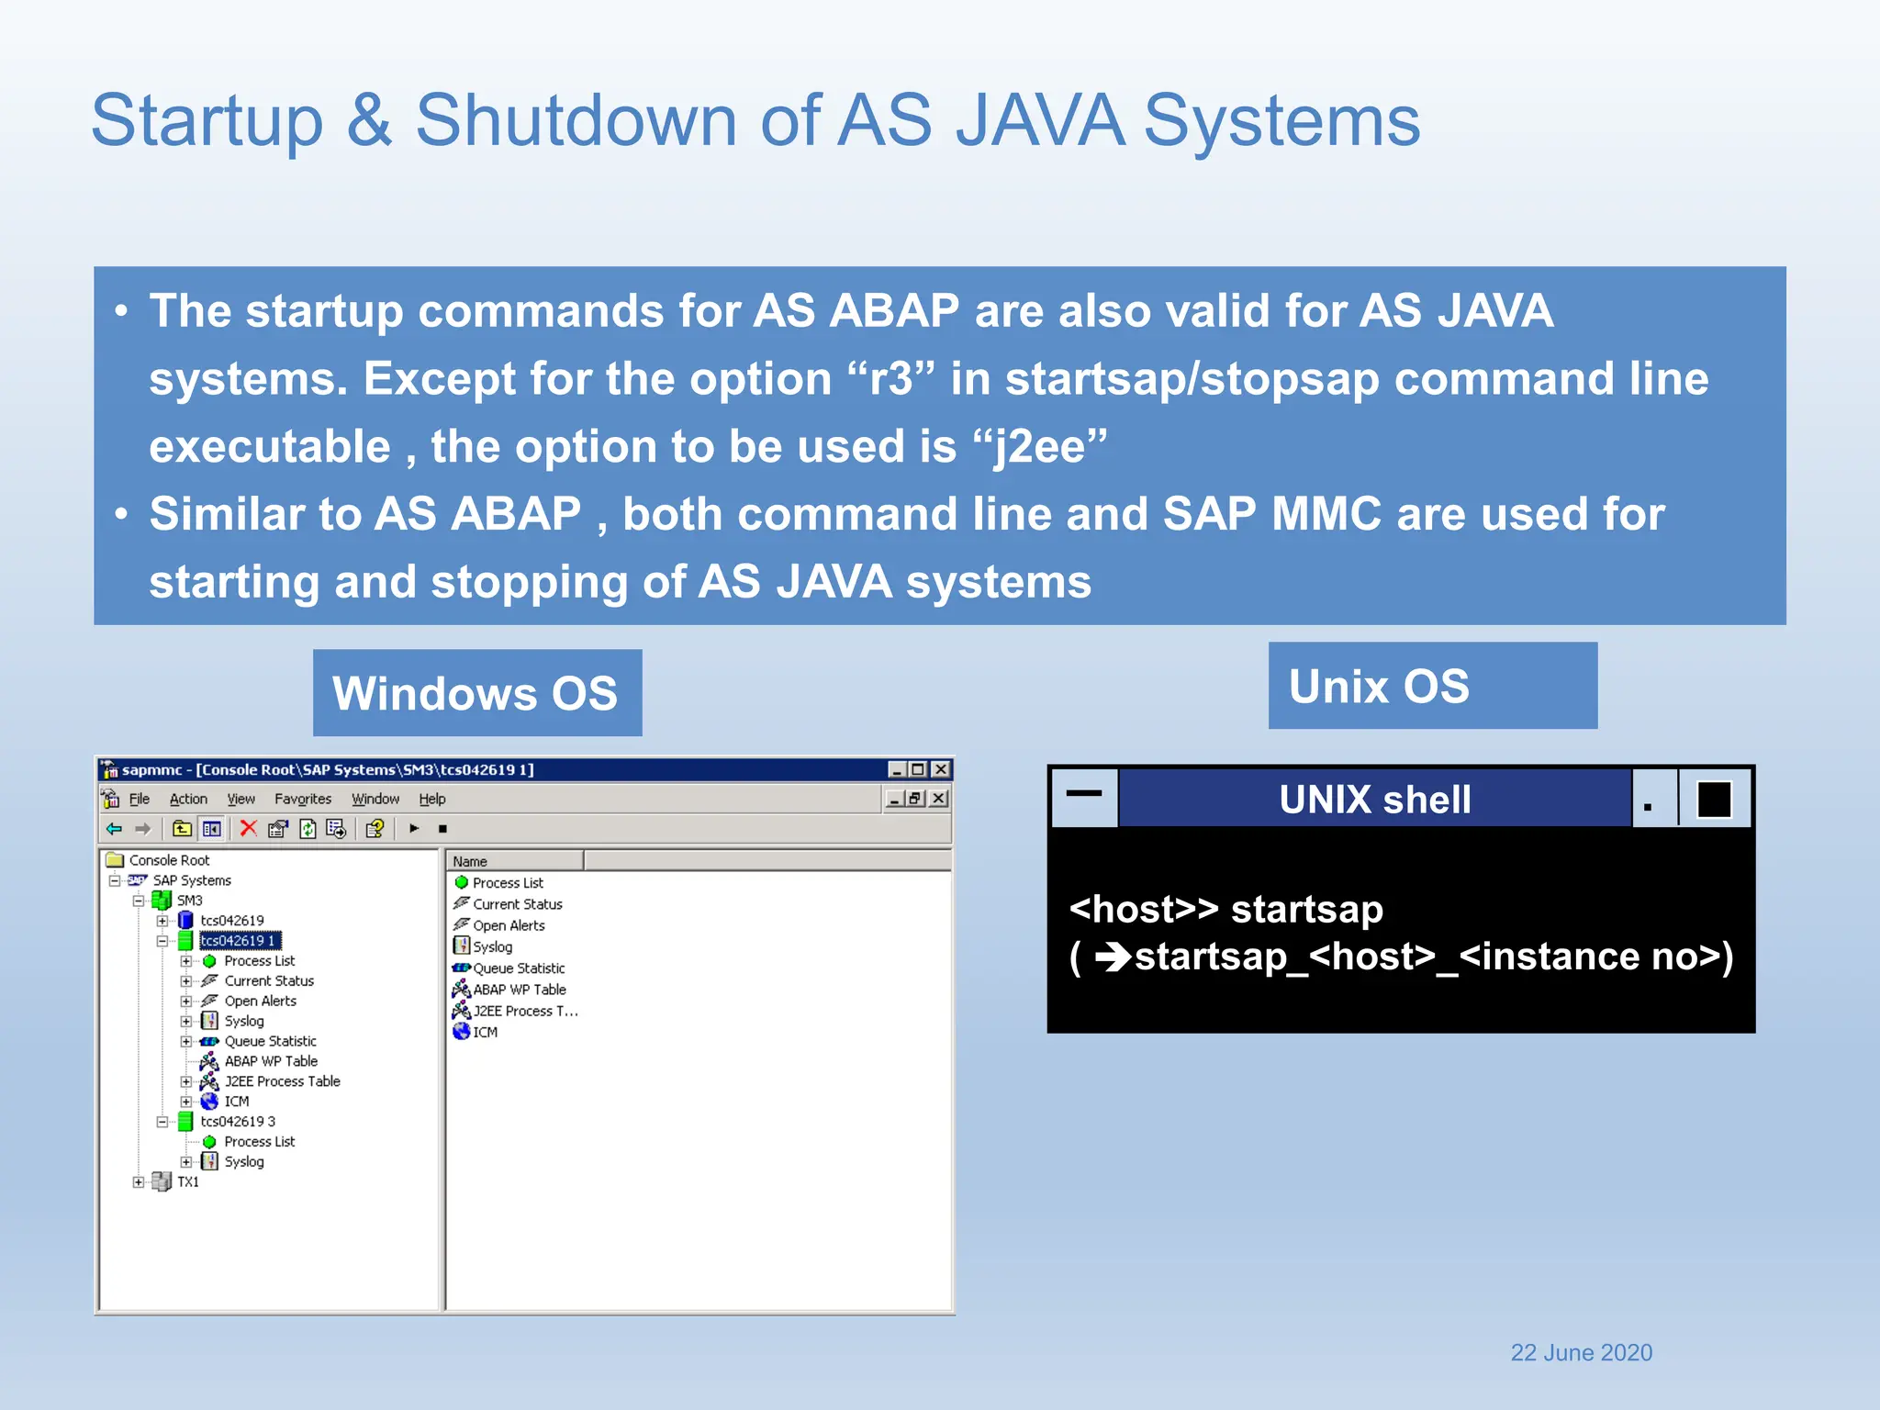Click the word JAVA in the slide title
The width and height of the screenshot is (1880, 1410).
point(1039,121)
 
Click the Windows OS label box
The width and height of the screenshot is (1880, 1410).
point(476,693)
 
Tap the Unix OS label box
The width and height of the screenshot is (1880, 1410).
point(1432,686)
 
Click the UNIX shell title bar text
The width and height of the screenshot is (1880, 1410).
point(1374,800)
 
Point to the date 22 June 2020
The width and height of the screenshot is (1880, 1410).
point(1581,1352)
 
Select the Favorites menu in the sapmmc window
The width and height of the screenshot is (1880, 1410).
point(302,799)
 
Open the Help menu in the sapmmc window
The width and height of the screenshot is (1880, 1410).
point(431,799)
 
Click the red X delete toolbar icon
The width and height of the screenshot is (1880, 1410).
point(248,828)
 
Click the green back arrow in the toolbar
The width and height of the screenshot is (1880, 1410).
point(114,828)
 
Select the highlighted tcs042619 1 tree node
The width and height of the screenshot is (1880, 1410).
point(239,940)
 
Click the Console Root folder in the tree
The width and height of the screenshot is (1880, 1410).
point(169,860)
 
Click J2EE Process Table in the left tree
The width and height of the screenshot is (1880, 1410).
point(282,1081)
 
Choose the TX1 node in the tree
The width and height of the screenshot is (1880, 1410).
point(187,1181)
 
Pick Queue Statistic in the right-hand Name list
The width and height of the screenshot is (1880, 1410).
point(519,968)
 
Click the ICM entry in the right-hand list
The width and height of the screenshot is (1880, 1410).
point(485,1032)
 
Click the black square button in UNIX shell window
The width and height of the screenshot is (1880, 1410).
point(1713,800)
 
